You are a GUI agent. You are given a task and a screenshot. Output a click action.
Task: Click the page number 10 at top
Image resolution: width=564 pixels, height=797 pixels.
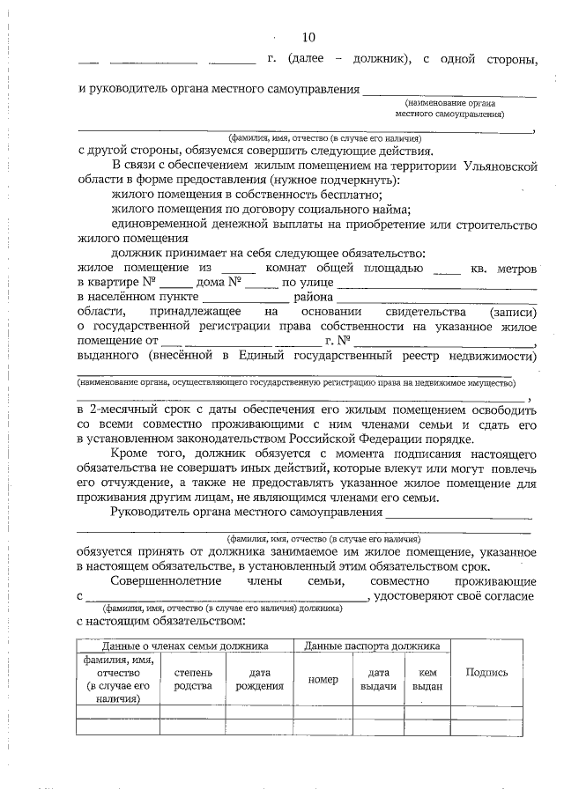(308, 37)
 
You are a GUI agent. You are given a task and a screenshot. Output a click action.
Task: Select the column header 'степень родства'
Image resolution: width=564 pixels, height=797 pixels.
(193, 678)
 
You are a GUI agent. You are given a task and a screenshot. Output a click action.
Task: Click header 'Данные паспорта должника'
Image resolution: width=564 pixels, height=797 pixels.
(371, 646)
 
